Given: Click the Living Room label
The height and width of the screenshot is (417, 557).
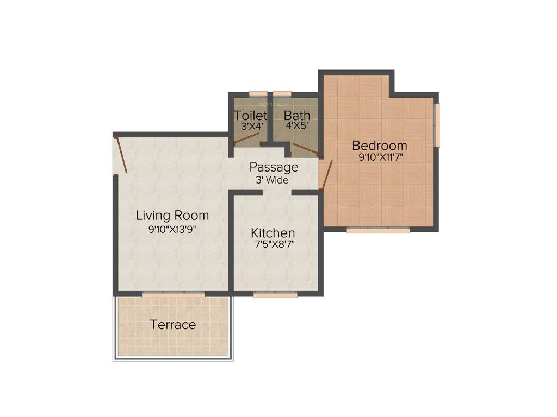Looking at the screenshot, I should point(172,215).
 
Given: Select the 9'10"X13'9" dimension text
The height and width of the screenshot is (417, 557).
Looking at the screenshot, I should point(172,229).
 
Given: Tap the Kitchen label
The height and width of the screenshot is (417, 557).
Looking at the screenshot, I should point(273,233).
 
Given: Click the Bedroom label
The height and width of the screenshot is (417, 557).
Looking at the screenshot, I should point(380,146).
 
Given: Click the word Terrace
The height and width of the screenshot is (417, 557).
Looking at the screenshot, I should point(173,325).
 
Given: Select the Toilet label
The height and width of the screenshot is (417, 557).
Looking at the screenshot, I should point(251,115).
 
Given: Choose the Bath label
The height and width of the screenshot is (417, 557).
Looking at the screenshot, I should point(297,115).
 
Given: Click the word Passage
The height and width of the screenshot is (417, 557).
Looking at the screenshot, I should point(274,167).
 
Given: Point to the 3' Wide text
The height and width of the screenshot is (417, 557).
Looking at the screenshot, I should point(272,180).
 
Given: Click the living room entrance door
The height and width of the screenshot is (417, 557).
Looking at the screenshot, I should point(121,156).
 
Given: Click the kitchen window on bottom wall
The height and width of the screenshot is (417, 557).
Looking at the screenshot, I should point(275,295).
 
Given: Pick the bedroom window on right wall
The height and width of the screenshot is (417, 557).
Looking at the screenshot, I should point(437,125).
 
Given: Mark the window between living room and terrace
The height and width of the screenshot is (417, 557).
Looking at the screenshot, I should point(174,295).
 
